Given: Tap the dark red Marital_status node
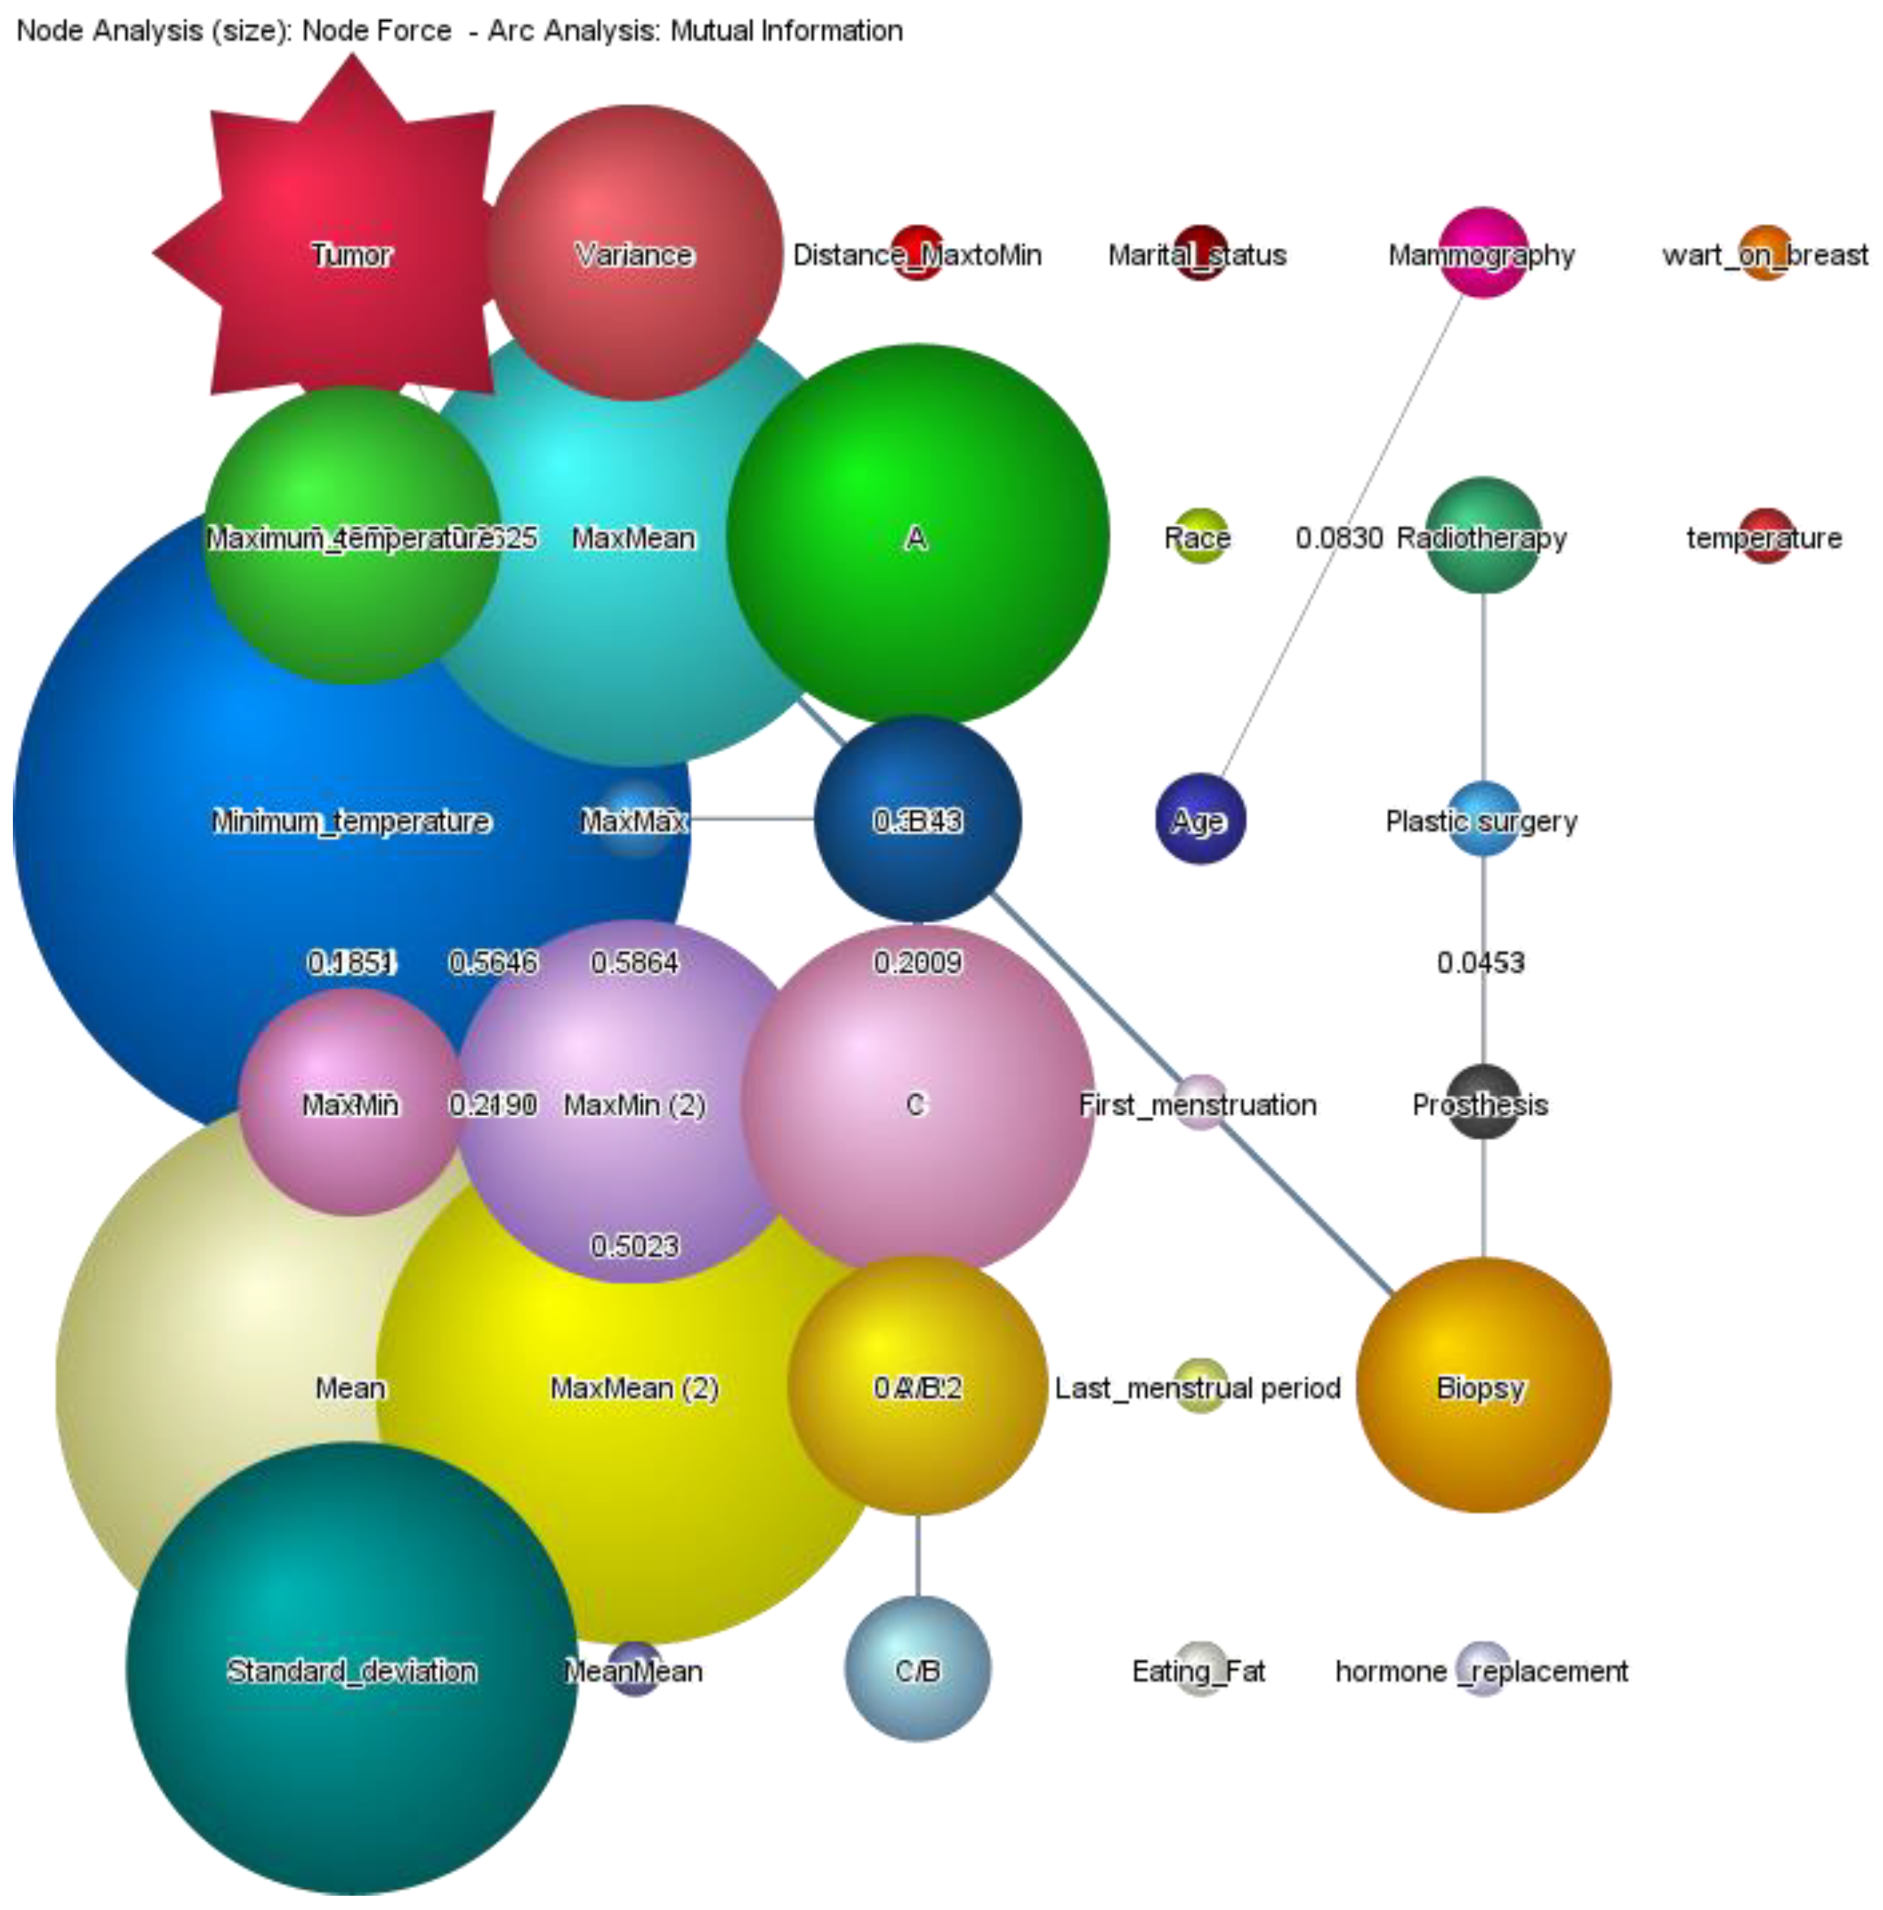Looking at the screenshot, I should click(x=1199, y=254).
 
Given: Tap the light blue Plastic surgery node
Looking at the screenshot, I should click(x=1483, y=820).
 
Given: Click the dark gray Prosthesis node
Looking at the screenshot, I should click(x=1483, y=1102).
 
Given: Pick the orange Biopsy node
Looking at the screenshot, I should click(x=1483, y=1386).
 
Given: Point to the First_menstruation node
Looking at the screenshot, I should click(x=1200, y=1102).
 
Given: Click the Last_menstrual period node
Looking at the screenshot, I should click(x=1200, y=1386).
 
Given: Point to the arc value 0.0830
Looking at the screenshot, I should click(x=1338, y=538).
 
